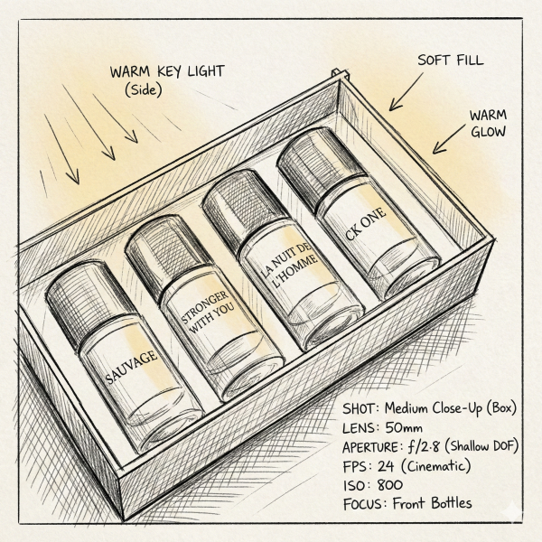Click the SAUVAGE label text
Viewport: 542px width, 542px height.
coord(131,367)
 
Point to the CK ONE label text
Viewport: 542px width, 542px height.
coord(365,224)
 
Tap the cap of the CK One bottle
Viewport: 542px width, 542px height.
coord(320,169)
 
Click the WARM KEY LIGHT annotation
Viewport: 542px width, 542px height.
coord(167,71)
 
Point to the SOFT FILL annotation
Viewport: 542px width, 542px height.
coord(451,61)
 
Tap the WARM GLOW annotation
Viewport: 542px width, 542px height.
coord(488,124)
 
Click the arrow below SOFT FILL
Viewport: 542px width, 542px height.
coord(406,92)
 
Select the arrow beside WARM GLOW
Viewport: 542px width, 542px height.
coord(449,139)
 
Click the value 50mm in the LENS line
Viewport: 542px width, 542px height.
coord(404,428)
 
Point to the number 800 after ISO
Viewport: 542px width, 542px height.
coord(390,485)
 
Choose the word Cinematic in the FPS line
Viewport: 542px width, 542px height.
coord(436,466)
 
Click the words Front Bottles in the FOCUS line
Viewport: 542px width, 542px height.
coord(432,503)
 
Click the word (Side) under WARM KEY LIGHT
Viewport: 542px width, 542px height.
coord(144,90)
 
